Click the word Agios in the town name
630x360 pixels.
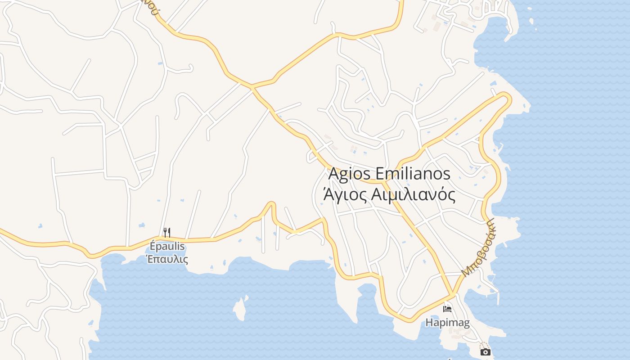[x=349, y=174]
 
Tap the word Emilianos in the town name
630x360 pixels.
[x=412, y=174]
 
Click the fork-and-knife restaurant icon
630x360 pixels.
[x=167, y=232]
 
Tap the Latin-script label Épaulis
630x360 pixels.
[x=167, y=247]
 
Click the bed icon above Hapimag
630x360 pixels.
[x=447, y=309]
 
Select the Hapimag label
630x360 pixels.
[x=447, y=323]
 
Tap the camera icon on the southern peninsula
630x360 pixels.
[x=485, y=352]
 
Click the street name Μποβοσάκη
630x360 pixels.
[x=478, y=247]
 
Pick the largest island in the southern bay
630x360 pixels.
[x=240, y=308]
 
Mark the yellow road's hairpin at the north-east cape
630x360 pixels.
[x=508, y=97]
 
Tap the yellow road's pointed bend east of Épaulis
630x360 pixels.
[x=271, y=204]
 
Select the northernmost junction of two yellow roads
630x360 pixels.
[x=252, y=86]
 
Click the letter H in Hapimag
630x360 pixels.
[x=429, y=323]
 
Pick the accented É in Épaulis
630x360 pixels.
[x=153, y=247]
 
